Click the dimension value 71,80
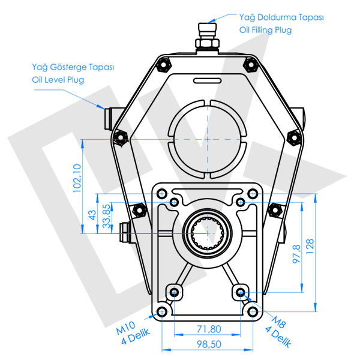pyautogui.click(x=208, y=329)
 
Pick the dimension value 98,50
pyautogui.click(x=208, y=343)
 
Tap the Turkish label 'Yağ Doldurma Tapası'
pyautogui.click(x=281, y=18)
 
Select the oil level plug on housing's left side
pyautogui.click(x=110, y=118)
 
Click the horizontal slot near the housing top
pyautogui.click(x=207, y=81)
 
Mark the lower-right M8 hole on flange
pyautogui.click(x=241, y=292)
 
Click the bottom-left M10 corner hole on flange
pyautogui.click(x=162, y=311)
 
